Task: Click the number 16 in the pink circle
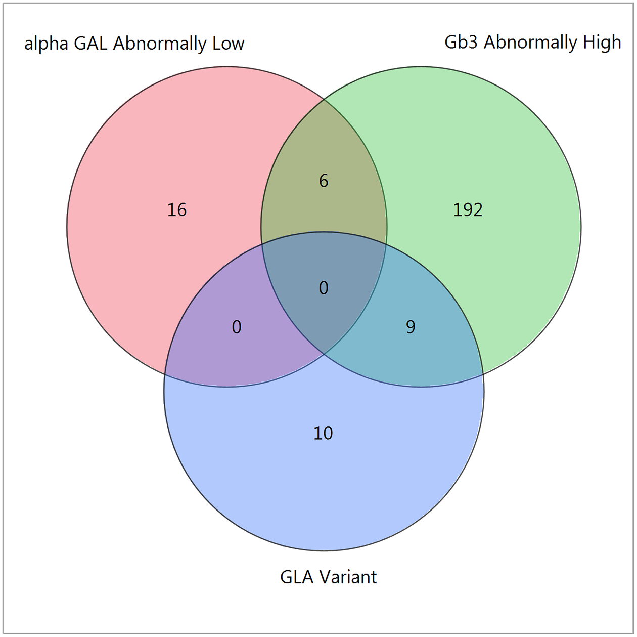tap(177, 210)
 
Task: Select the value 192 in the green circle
tap(468, 210)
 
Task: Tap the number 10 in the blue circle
tap(323, 433)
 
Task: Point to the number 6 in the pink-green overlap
tap(324, 181)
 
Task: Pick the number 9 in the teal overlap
tap(411, 327)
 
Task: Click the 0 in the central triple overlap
tap(324, 288)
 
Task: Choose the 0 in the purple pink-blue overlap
tap(237, 327)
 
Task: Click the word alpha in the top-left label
tap(46, 44)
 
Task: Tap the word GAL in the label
tap(91, 44)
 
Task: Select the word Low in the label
tap(229, 44)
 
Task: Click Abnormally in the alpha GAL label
tap(160, 45)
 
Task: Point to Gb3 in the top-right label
tap(461, 42)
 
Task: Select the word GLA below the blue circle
tap(297, 577)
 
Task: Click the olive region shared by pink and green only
tap(324, 152)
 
